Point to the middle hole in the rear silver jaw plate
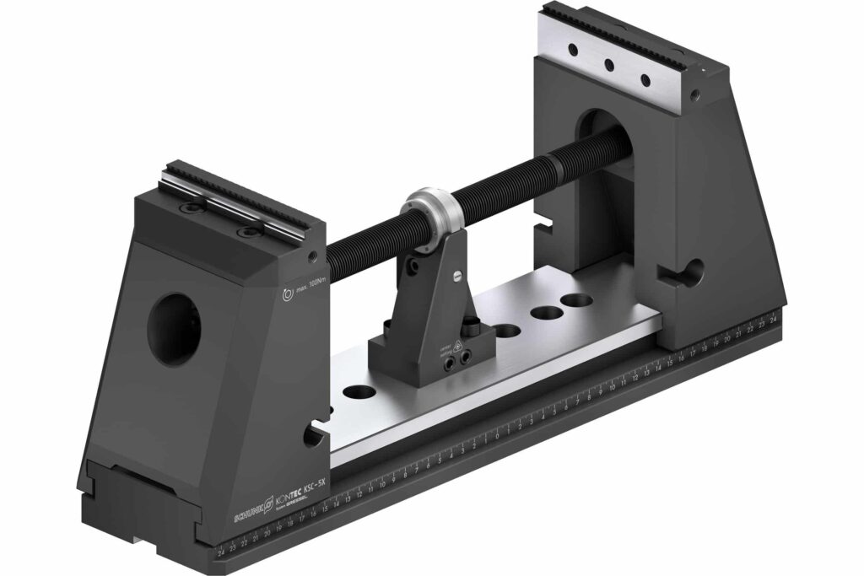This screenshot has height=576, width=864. click(607, 65)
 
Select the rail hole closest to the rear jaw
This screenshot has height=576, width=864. click(577, 299)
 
